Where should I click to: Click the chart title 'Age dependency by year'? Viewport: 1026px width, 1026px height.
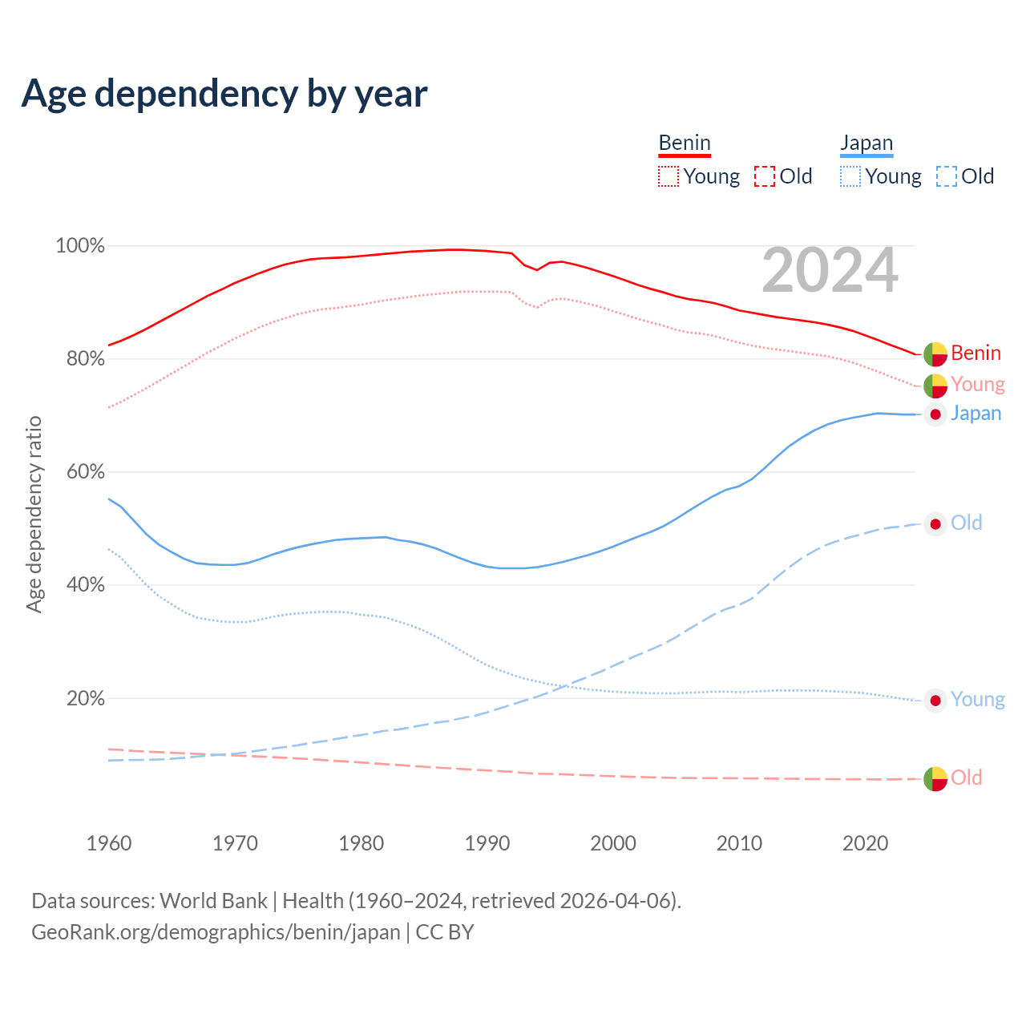[x=224, y=94]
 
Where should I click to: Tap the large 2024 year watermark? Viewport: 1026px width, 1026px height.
[x=830, y=271]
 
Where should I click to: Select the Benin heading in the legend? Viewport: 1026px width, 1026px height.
[x=685, y=143]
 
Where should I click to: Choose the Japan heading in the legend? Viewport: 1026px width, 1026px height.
[x=866, y=143]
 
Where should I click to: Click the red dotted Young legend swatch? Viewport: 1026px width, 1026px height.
[x=669, y=176]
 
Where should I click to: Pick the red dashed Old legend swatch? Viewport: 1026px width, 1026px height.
[x=765, y=176]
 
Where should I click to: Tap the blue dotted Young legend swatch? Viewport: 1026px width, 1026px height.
[x=850, y=176]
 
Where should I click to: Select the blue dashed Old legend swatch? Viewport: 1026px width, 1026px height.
[x=947, y=176]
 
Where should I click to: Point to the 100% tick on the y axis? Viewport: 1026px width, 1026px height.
[x=80, y=246]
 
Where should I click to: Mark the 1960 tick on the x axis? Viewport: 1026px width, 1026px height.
[x=109, y=843]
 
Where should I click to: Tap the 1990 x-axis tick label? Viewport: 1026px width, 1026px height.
[x=487, y=843]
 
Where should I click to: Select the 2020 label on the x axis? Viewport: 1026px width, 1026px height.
[x=866, y=843]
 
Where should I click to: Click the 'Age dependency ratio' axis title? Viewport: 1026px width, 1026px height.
[x=34, y=514]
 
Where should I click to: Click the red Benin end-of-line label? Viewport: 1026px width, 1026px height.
[x=976, y=353]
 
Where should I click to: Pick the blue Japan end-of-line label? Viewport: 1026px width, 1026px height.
[x=976, y=414]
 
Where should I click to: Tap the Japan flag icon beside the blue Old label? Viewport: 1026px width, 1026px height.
[x=935, y=524]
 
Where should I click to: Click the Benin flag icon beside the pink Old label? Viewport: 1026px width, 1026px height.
[x=935, y=778]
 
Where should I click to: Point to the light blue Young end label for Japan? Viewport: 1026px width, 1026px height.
[x=977, y=700]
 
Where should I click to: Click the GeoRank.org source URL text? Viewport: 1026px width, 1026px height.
[x=216, y=932]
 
